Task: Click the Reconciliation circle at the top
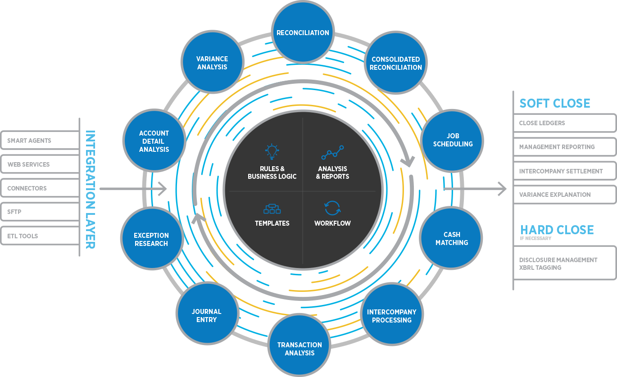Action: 303,33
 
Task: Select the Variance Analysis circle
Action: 212,63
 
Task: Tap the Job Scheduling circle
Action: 452,140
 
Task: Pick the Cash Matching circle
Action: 451,238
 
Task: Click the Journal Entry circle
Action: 206,315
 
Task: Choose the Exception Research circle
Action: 151,239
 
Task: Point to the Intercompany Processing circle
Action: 392,316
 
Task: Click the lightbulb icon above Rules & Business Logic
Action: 272,152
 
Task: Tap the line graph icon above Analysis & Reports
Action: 332,153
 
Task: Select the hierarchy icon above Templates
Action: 272,209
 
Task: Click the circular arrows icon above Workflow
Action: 332,208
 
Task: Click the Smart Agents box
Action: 40,141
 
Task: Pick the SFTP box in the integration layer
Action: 40,212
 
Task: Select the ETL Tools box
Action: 40,236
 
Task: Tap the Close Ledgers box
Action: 564,123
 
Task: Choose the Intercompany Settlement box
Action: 564,171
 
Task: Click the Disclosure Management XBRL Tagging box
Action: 564,263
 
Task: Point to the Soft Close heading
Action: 554,103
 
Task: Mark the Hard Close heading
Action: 557,230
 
